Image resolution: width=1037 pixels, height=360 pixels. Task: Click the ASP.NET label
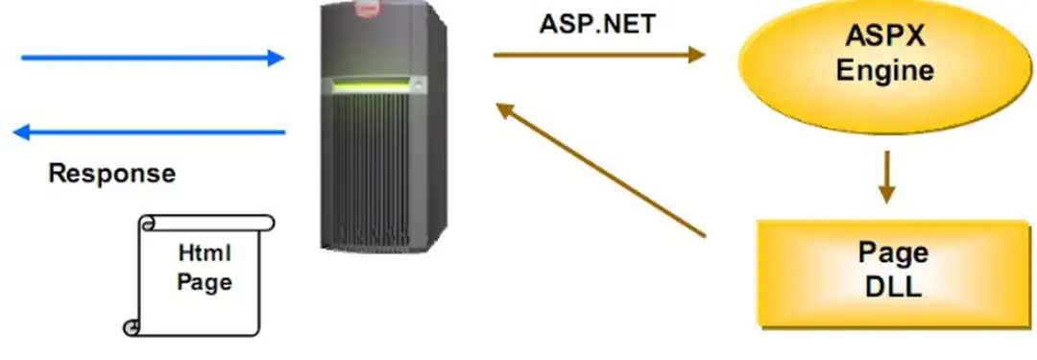[x=596, y=23]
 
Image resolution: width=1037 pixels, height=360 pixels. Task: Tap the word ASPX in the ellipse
[x=884, y=38]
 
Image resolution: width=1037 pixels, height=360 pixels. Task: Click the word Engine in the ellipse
[x=884, y=70]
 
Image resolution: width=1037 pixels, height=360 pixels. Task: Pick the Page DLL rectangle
[x=892, y=272]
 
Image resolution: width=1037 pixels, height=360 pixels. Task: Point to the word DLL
[x=893, y=286]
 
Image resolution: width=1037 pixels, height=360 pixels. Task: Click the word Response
[x=112, y=174]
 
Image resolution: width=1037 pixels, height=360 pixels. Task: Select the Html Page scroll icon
[x=202, y=275]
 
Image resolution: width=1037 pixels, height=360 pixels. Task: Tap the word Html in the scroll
[x=205, y=254]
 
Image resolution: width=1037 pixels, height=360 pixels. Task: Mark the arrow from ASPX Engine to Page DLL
[x=885, y=177]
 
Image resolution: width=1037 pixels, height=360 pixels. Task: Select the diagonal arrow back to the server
[x=600, y=169]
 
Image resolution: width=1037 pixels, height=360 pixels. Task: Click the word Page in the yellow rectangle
[x=893, y=253]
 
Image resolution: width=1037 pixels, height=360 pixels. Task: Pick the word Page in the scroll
[x=205, y=283]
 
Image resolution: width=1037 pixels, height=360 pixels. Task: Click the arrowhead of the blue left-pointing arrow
[x=21, y=132]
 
